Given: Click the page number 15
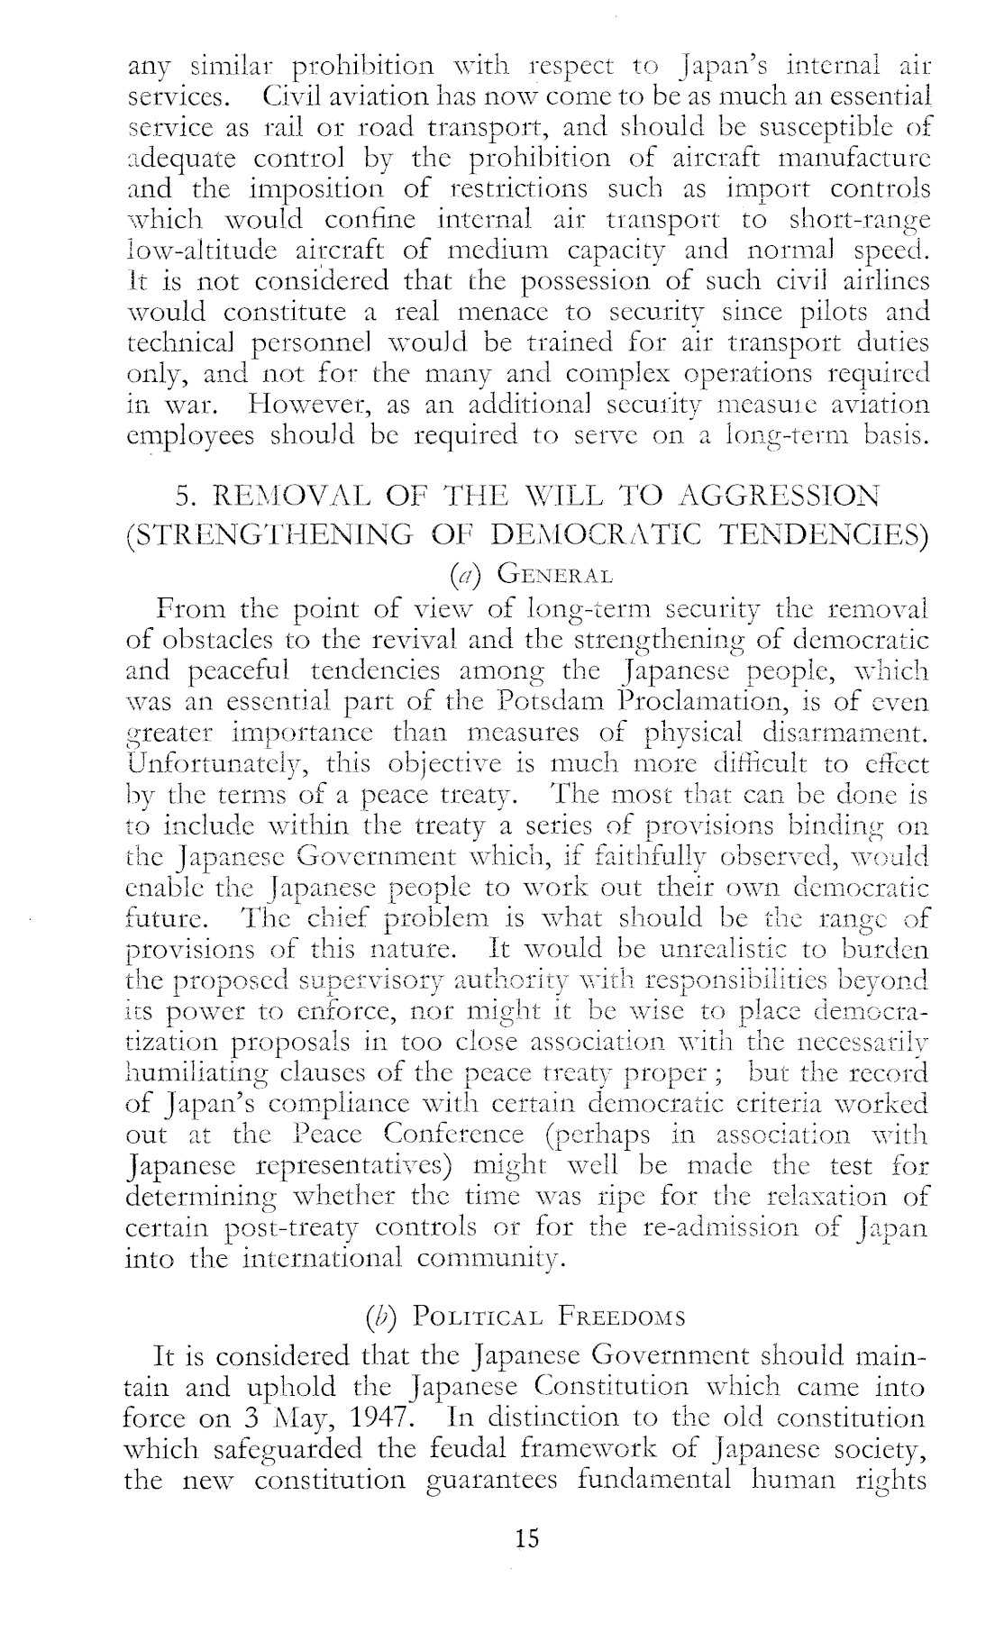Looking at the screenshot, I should click(526, 1538).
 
